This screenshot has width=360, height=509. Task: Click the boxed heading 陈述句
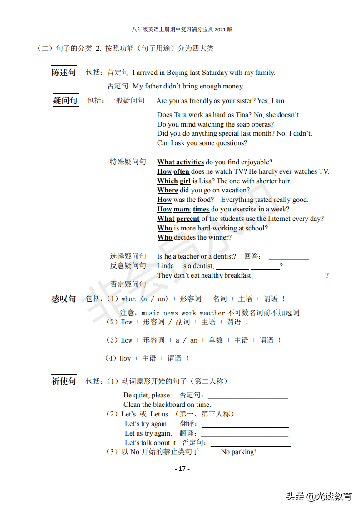click(64, 72)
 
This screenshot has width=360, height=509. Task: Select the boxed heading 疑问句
click(65, 100)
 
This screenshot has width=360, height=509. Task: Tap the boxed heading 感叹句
click(64, 299)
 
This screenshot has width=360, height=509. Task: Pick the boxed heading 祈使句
click(64, 381)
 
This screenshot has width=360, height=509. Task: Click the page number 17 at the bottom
click(182, 469)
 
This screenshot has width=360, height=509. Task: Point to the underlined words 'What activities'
click(180, 162)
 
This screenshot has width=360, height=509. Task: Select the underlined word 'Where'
click(168, 190)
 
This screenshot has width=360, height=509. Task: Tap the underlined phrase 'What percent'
click(178, 219)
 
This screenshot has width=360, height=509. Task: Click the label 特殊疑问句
click(128, 162)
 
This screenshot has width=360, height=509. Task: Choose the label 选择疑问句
click(128, 256)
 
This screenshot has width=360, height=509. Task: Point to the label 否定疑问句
click(128, 284)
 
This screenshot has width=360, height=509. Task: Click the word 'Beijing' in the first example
click(177, 73)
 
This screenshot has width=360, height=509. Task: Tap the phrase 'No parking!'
click(238, 452)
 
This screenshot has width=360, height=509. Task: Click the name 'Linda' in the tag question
click(165, 266)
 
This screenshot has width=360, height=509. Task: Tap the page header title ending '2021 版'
click(182, 29)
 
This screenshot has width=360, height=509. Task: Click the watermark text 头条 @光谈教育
click(319, 496)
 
